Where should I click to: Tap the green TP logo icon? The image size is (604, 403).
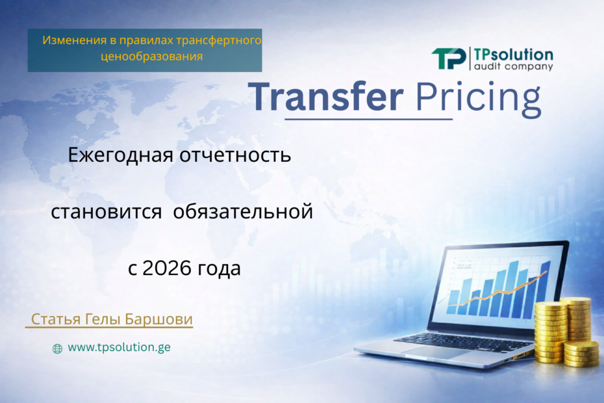[449, 59]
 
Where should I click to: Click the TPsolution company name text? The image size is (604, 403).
[513, 54]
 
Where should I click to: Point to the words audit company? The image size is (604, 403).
[513, 66]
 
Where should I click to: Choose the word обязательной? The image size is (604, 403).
[244, 212]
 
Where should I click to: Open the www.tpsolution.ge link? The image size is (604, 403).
[119, 347]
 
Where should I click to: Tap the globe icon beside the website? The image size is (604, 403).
[57, 348]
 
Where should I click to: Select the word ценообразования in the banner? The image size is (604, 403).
[152, 57]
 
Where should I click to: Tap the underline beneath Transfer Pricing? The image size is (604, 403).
[369, 119]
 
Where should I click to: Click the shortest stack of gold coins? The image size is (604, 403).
[581, 354]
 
